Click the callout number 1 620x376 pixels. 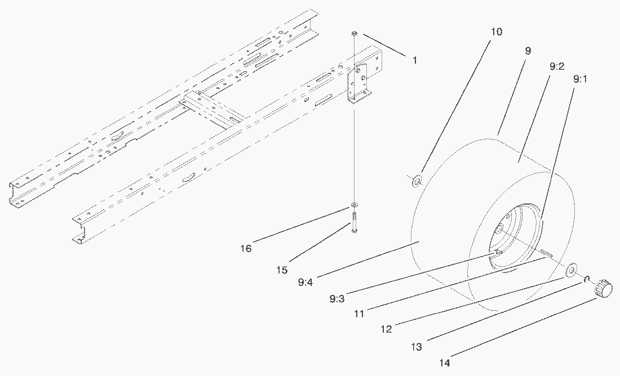tap(415, 59)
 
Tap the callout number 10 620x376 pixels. tap(497, 32)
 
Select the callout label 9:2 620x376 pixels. tap(556, 66)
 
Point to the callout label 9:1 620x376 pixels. tap(581, 79)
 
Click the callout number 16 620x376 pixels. tap(246, 248)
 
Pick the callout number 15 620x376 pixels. tap(282, 271)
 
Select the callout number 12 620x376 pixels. tap(386, 329)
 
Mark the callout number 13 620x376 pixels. tap(416, 347)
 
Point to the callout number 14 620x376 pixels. tap(445, 363)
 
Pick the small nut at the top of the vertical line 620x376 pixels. tap(354, 35)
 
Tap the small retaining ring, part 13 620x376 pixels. tap(587, 279)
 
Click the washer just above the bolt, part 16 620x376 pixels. tap(354, 204)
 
